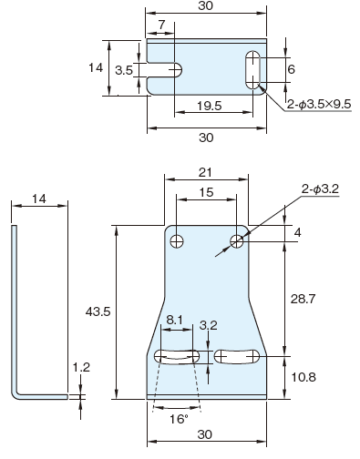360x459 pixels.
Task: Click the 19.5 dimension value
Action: (210, 106)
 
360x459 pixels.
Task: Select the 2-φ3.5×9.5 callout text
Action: (319, 105)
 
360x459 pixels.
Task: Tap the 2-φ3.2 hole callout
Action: (320, 189)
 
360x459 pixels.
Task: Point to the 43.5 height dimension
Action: (98, 311)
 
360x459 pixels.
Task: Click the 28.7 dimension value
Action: (303, 299)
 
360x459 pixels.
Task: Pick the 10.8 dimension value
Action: (303, 377)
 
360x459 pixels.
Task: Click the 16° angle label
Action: (179, 419)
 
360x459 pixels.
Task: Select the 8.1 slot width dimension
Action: (175, 320)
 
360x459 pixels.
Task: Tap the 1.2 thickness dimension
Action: (81, 367)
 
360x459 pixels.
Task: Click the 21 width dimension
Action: (205, 172)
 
